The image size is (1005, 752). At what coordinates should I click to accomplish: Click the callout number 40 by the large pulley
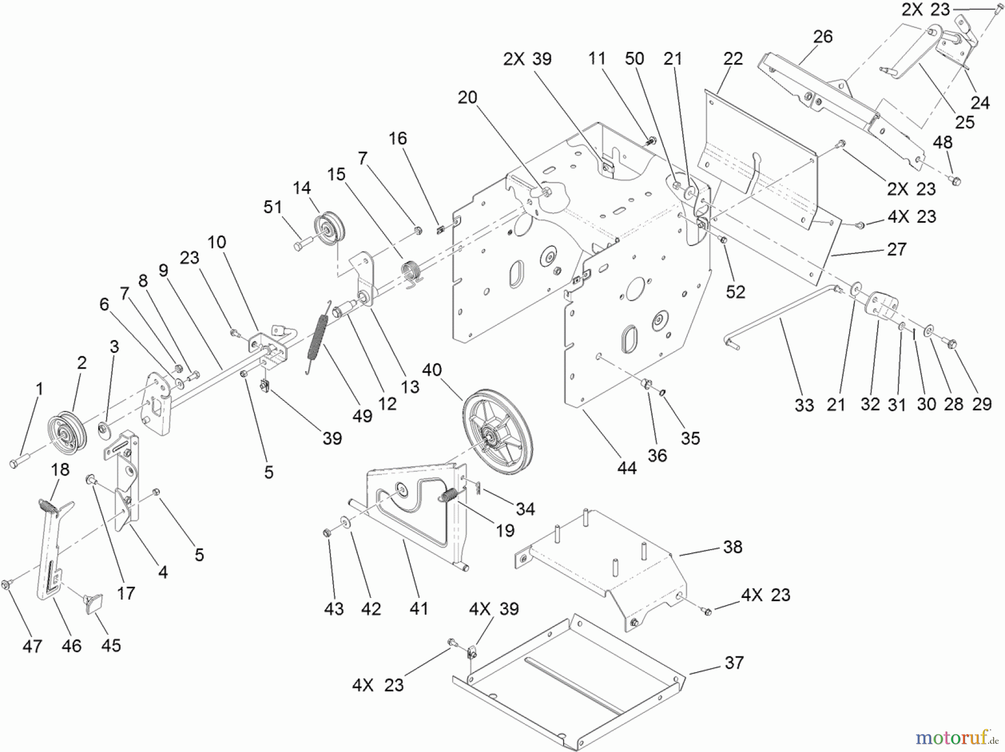click(x=432, y=370)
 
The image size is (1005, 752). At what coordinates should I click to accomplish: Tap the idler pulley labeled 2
click(x=66, y=435)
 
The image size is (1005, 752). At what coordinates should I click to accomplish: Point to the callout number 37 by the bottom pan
click(x=734, y=663)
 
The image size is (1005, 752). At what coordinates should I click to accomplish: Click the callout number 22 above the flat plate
click(x=733, y=59)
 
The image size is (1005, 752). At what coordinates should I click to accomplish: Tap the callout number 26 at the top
click(x=822, y=37)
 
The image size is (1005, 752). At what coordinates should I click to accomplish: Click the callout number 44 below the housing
click(x=626, y=468)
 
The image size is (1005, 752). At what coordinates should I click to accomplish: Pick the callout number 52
click(x=735, y=291)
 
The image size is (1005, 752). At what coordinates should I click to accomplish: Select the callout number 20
click(x=467, y=97)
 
